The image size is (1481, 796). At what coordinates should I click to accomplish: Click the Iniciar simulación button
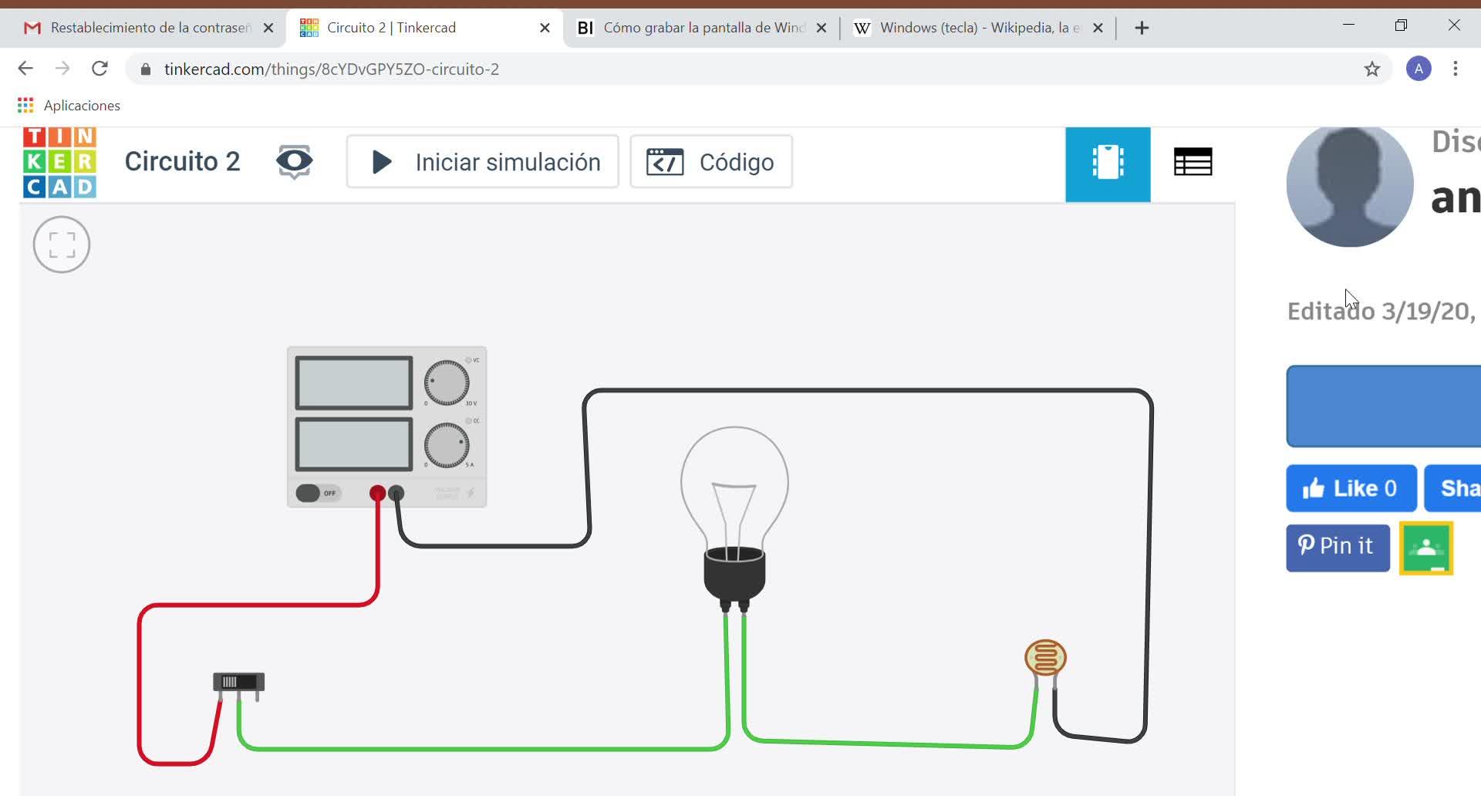click(x=483, y=162)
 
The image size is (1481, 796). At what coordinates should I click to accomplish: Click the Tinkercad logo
click(x=59, y=162)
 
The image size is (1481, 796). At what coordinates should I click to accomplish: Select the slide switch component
click(x=238, y=682)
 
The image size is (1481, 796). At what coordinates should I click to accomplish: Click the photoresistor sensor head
click(x=1045, y=657)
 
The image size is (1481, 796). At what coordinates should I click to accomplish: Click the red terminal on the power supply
click(x=377, y=493)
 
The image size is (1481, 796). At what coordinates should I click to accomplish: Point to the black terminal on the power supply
click(x=396, y=493)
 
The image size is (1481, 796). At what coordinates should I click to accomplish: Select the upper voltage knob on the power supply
click(x=447, y=383)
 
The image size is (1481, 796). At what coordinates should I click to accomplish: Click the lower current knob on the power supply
click(x=447, y=445)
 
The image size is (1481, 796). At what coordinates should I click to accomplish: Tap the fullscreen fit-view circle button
click(x=62, y=245)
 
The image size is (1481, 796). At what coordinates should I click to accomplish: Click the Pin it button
click(x=1338, y=547)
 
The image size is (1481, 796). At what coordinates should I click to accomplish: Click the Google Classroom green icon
click(x=1426, y=548)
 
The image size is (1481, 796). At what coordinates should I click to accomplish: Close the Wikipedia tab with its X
click(x=1098, y=28)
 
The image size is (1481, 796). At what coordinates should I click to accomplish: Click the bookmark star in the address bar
click(x=1371, y=69)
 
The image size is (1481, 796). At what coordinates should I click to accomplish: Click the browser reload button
click(x=100, y=69)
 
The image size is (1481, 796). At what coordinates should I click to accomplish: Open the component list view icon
click(x=1193, y=162)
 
